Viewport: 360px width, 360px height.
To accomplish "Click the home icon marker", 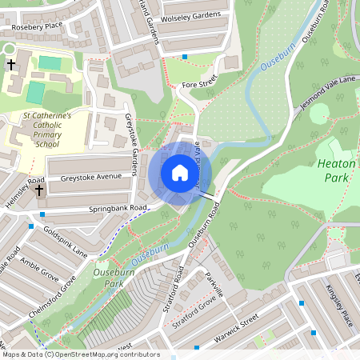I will point(180,173).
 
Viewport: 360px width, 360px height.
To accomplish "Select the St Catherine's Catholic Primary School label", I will point(46,130).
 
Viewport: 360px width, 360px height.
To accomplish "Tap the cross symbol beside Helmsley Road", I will point(39,192).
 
